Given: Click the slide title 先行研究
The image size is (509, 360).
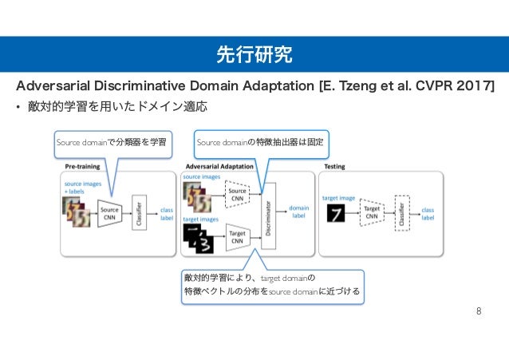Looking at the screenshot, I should [254, 54].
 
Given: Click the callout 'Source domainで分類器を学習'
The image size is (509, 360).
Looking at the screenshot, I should [111, 143].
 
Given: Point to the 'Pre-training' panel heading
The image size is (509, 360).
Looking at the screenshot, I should [82, 167].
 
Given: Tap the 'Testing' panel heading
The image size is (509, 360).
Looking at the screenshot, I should [334, 167].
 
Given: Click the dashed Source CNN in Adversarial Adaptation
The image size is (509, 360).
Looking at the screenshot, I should [237, 193].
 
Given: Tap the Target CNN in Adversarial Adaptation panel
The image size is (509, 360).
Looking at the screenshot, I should [237, 236].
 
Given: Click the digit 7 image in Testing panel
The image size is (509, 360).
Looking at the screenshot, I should [337, 213].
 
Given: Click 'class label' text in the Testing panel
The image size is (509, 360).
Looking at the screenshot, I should [428, 213].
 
